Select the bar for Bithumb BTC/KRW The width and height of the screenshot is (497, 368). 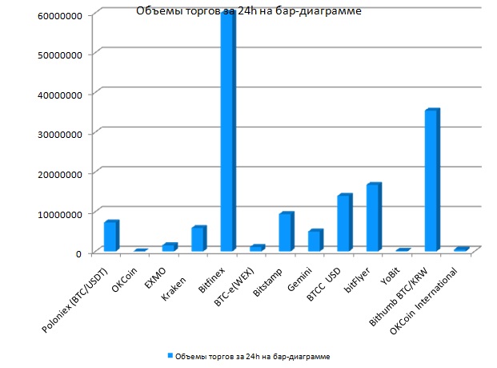coord(431,180)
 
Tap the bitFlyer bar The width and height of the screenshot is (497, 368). coord(373,217)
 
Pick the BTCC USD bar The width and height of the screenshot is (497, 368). coord(344,223)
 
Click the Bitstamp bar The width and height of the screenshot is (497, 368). coord(286,233)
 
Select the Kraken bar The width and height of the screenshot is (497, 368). coord(198,239)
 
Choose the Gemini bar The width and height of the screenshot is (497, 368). coord(315,241)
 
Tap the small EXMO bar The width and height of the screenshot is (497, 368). coord(170,247)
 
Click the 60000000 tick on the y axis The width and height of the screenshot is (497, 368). coord(53,14)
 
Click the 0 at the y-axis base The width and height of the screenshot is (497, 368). coord(78,253)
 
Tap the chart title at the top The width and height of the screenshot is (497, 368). coord(237,12)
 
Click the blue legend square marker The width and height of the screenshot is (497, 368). coord(169,354)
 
